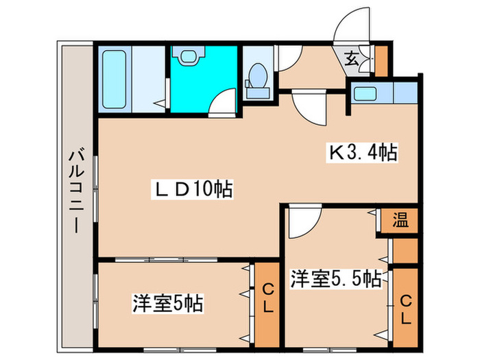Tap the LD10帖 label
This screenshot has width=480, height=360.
[189, 189]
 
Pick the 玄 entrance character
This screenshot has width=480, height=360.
[351, 59]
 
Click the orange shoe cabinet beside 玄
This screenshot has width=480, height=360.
[381, 61]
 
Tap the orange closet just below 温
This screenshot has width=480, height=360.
[404, 251]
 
